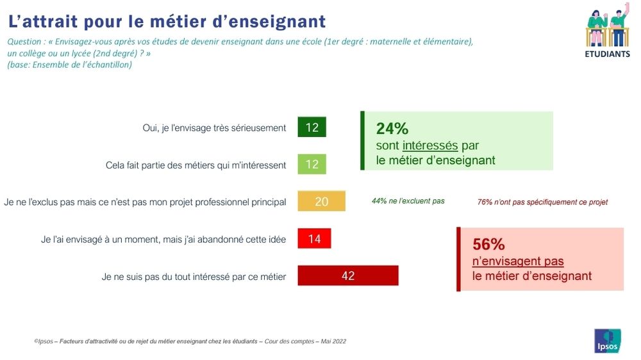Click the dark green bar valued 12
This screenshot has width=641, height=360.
(x=312, y=127)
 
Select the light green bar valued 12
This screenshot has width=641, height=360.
(x=312, y=164)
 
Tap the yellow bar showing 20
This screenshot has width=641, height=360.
(x=321, y=201)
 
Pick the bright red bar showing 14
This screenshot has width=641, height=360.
(x=314, y=238)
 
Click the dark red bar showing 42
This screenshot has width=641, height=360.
(x=347, y=275)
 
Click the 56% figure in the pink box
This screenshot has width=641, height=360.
(x=488, y=244)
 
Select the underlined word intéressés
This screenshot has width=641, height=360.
(x=430, y=145)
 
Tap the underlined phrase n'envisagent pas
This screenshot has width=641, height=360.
(x=518, y=261)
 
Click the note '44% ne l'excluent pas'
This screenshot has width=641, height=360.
(x=408, y=201)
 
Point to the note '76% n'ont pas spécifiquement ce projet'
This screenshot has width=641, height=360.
(x=542, y=202)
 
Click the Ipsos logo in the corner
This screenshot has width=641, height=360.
(x=607, y=341)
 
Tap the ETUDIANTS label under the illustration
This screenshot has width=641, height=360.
(x=607, y=54)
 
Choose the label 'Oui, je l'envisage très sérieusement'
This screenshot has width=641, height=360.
(x=214, y=127)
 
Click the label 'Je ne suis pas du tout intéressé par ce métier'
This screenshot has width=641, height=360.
(x=194, y=277)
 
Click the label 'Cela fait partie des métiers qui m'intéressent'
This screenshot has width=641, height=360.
(x=196, y=165)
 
